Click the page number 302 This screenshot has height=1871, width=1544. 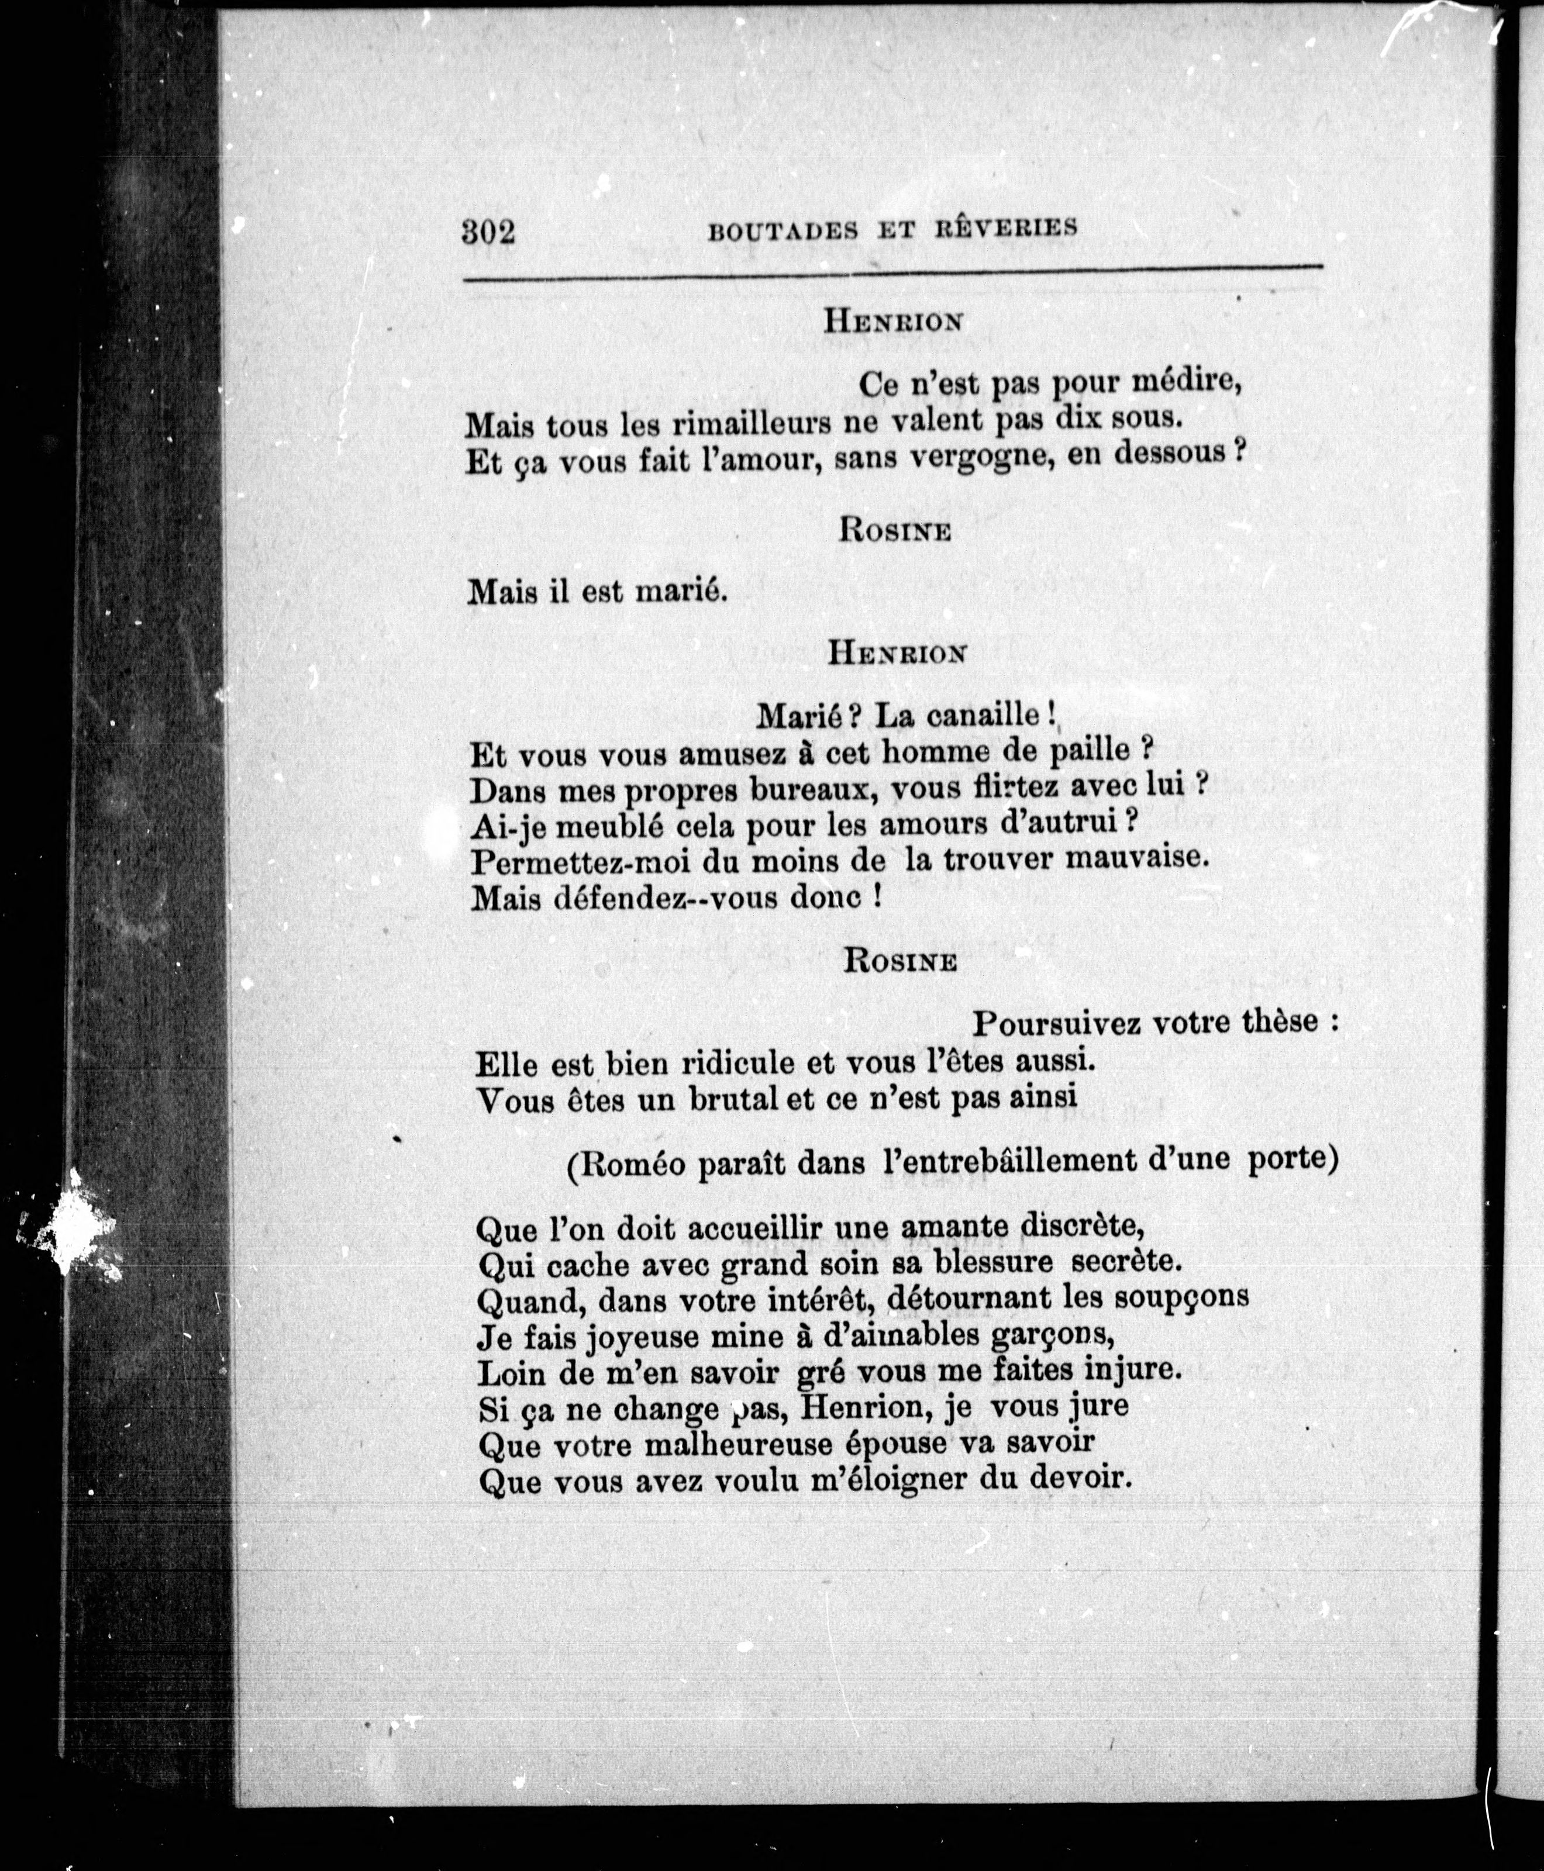(x=489, y=232)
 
